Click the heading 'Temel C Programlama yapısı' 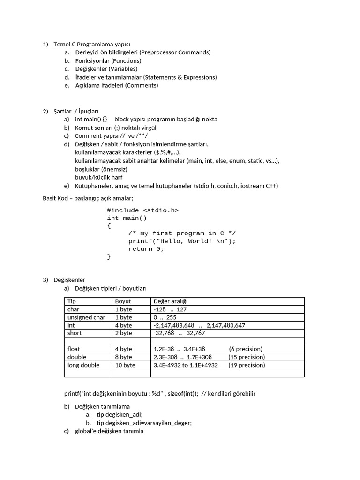point(92,44)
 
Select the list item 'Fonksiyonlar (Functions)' point(108,60)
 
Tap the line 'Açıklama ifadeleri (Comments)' point(117,85)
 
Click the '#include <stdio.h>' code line point(142,210)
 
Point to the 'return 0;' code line point(146,249)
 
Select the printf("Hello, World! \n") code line point(182,241)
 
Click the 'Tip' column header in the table point(72,301)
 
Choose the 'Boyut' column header point(123,301)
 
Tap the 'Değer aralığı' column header point(171,301)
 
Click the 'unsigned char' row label point(86,317)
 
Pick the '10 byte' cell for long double point(125,365)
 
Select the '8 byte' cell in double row point(123,357)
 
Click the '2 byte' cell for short point(123,333)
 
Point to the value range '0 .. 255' point(165,317)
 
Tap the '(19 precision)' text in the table point(247,365)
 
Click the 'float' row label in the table point(74,349)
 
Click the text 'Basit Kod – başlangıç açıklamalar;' point(88,198)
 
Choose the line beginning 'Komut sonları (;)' point(115,127)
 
